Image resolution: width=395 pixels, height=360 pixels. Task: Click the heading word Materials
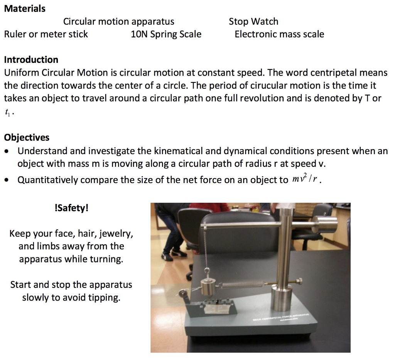25,8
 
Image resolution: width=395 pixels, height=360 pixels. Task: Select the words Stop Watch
253,22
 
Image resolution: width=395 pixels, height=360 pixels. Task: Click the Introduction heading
31,60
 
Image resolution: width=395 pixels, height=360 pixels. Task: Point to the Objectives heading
27,138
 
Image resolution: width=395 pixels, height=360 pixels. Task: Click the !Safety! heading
72,208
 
